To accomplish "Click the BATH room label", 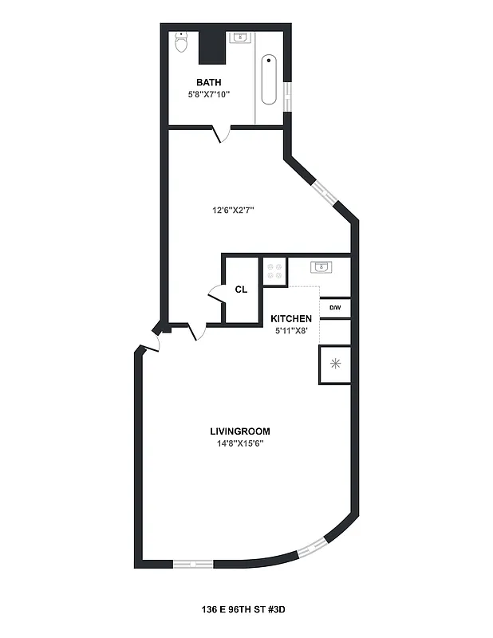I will tap(209, 82).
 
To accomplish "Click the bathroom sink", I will tap(238, 37).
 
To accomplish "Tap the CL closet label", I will tap(241, 289).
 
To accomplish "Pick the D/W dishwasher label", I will tap(335, 308).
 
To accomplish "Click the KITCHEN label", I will tap(291, 319).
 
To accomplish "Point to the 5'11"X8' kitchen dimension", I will tap(291, 331).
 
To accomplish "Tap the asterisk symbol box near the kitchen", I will tap(335, 364).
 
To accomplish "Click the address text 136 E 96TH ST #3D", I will tap(243, 608).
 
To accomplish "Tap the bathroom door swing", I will tap(222, 135).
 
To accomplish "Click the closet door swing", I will tap(215, 294).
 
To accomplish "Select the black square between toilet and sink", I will tap(211, 46).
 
